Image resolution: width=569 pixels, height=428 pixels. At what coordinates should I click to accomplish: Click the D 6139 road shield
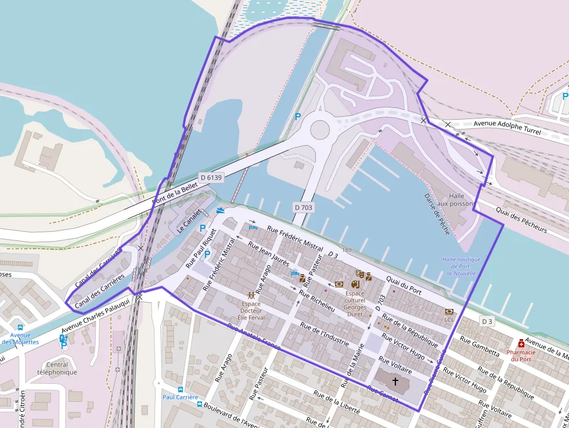[210, 177]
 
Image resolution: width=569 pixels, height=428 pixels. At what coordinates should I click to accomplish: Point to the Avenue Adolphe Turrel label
[507, 128]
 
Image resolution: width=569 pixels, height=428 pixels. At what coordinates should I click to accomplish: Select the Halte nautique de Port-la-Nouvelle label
[461, 267]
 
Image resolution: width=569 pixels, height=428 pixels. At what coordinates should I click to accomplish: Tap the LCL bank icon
[449, 312]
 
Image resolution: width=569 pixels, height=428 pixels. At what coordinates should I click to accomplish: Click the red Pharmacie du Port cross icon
[521, 343]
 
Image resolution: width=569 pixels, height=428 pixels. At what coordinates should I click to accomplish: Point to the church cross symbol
[395, 382]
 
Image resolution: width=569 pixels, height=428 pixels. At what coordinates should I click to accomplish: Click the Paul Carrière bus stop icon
[181, 390]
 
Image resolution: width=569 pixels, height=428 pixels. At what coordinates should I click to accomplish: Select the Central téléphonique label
[57, 369]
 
